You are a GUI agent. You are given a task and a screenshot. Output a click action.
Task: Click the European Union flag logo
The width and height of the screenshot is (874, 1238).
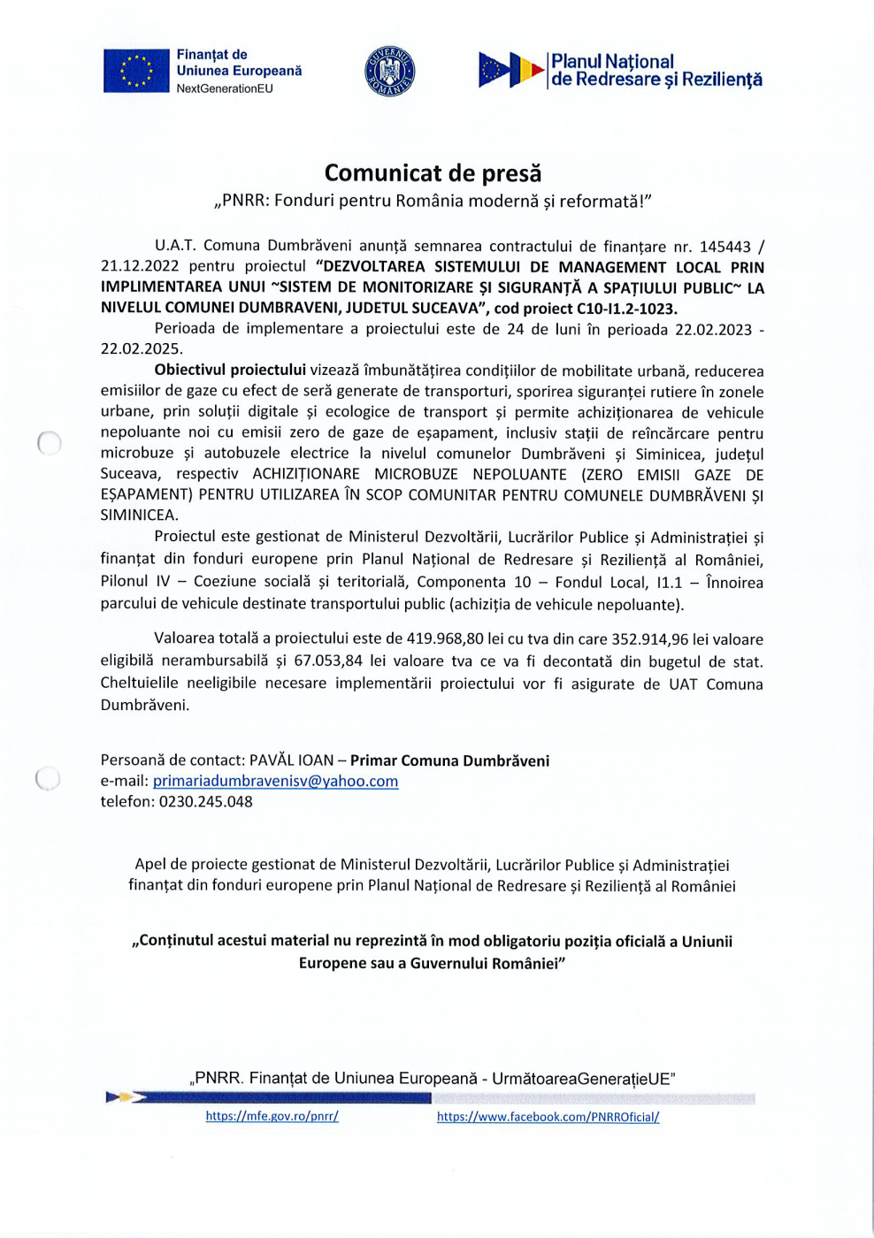135,71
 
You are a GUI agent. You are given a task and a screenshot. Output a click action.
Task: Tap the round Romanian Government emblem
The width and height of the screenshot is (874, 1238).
389,72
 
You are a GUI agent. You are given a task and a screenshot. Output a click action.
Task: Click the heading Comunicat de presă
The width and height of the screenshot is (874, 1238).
433,172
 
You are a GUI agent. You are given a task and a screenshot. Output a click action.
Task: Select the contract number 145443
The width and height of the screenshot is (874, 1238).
724,247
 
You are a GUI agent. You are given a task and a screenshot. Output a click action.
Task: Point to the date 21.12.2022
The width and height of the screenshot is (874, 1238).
140,266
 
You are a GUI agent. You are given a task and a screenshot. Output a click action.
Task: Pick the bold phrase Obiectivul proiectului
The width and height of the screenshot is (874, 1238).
230,371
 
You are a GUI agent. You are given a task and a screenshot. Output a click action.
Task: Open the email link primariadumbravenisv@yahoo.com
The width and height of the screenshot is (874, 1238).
275,781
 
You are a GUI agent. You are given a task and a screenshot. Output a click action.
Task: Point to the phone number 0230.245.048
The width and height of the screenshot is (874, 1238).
205,802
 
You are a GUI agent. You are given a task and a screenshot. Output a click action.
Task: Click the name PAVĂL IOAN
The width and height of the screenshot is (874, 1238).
291,760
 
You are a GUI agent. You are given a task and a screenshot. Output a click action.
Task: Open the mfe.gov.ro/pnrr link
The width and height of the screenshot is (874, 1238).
272,1117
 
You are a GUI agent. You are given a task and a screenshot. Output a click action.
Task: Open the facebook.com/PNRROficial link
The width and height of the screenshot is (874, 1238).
548,1117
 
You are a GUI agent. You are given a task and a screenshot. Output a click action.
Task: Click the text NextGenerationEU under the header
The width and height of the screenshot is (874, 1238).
225,88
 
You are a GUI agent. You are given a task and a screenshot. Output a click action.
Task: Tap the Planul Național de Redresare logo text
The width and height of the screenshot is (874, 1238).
655,71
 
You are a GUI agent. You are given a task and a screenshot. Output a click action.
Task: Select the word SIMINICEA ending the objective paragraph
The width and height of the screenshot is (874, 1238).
139,515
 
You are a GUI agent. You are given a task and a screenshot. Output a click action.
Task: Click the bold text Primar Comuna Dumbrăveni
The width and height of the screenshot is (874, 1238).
449,760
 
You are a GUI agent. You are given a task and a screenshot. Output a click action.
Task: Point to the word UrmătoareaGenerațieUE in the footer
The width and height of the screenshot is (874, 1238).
583,1079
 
